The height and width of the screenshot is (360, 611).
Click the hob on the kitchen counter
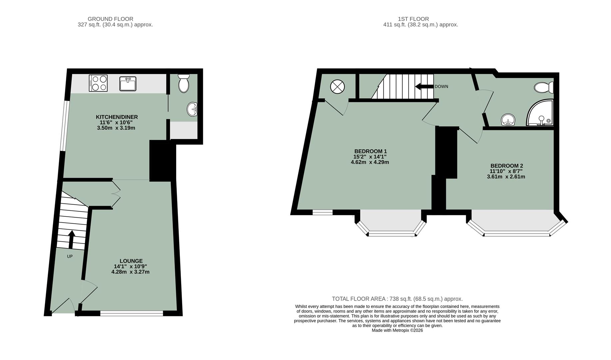point(98,83)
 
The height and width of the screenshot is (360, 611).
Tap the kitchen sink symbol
point(128,84)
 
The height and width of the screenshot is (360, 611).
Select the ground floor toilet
point(184,83)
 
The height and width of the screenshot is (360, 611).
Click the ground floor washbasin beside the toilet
point(192,109)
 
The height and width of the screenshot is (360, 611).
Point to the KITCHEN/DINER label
point(117,117)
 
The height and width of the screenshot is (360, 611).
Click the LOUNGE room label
point(131,261)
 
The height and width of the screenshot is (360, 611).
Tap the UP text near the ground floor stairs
point(70,256)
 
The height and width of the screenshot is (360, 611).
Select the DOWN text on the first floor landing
point(441,86)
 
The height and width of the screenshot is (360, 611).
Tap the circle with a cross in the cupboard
point(337,87)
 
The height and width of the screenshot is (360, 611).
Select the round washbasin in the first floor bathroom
point(508,120)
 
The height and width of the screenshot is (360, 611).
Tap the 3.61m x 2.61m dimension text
point(506,177)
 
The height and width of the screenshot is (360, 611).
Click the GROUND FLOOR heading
point(110,19)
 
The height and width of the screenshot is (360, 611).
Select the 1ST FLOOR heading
point(413,19)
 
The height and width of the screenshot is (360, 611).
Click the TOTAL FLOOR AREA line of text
point(397,299)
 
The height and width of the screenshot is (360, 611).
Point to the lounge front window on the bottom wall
point(132,313)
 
